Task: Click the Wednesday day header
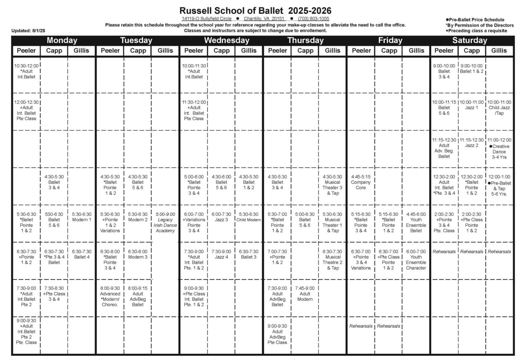coord(226,40)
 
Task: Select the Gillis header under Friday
coord(416,51)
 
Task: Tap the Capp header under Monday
coord(54,51)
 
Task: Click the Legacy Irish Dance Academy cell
coord(165,222)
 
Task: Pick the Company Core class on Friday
coord(361,182)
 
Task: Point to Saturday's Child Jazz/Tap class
coord(499,108)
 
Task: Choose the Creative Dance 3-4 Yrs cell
coord(499,149)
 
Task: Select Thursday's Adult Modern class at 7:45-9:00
coord(305,294)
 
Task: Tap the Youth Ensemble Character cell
coord(416,260)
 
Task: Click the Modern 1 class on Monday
coord(81,217)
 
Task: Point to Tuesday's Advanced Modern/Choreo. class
coord(110,296)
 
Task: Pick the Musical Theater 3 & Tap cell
coord(333,185)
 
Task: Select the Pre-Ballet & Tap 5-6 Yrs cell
coord(499,185)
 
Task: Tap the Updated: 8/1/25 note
coord(28,31)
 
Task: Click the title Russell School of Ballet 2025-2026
coord(255,10)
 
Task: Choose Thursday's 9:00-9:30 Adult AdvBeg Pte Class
coord(277,334)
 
